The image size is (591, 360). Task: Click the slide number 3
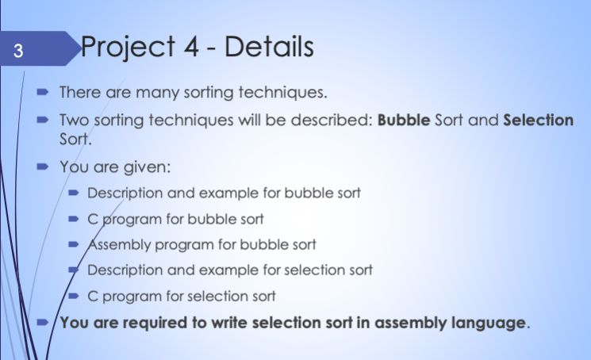tap(18, 51)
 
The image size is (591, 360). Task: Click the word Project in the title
tap(128, 48)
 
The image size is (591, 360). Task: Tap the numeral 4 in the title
tap(191, 46)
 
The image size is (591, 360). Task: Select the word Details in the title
tap(269, 46)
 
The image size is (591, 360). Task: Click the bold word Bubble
tap(404, 120)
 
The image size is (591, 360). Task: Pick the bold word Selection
tap(538, 120)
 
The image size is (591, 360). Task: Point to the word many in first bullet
tap(157, 93)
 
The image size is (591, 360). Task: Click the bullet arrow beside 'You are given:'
tap(43, 167)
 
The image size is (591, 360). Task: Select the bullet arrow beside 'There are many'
tap(43, 92)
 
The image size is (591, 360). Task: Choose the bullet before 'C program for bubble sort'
tap(74, 219)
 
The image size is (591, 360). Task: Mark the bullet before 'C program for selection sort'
tap(74, 296)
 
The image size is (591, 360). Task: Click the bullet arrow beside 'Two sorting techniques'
tap(43, 120)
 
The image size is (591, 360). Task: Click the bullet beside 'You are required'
tap(43, 323)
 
